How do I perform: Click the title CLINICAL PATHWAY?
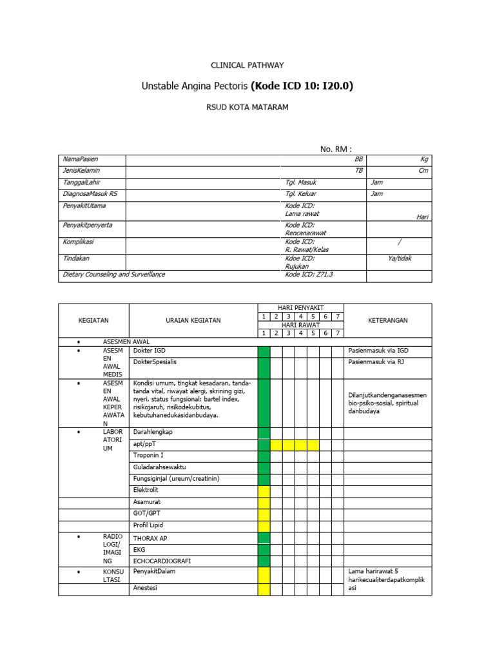click(x=247, y=65)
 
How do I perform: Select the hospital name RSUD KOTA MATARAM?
click(x=247, y=107)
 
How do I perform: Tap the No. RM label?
click(x=336, y=150)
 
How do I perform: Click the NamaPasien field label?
click(x=81, y=159)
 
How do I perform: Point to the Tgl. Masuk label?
click(x=300, y=182)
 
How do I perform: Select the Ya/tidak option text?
click(x=399, y=258)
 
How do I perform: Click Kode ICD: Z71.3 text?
click(x=309, y=275)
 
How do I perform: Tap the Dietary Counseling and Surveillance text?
click(x=114, y=275)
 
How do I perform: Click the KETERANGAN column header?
click(x=387, y=320)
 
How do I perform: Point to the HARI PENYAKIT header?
click(x=301, y=308)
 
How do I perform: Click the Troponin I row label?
click(x=148, y=455)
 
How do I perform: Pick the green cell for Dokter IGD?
click(x=264, y=351)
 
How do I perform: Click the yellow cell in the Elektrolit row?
click(x=264, y=491)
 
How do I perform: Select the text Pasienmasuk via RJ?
click(x=376, y=362)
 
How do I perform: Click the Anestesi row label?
click(x=145, y=588)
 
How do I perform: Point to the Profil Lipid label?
click(x=149, y=525)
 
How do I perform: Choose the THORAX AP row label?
click(x=150, y=538)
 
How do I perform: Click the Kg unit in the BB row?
click(x=424, y=159)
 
